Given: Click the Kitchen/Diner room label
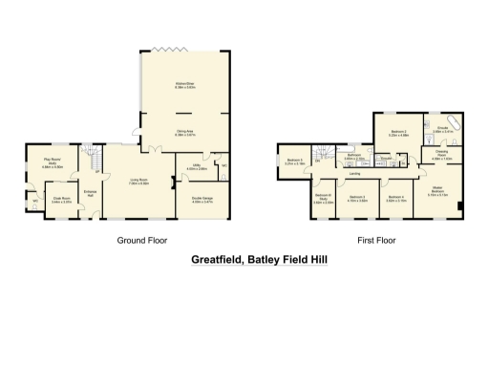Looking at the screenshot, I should [x=185, y=86].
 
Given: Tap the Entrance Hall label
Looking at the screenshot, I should [x=91, y=194].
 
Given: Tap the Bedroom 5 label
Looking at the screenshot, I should [x=294, y=162].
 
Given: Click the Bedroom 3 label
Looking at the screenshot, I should [x=357, y=198].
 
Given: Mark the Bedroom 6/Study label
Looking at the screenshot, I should [x=323, y=200].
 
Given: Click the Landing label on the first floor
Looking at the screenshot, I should [x=354, y=174].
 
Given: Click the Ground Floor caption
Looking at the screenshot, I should [x=138, y=240].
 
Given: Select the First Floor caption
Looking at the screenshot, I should [x=375, y=240].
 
